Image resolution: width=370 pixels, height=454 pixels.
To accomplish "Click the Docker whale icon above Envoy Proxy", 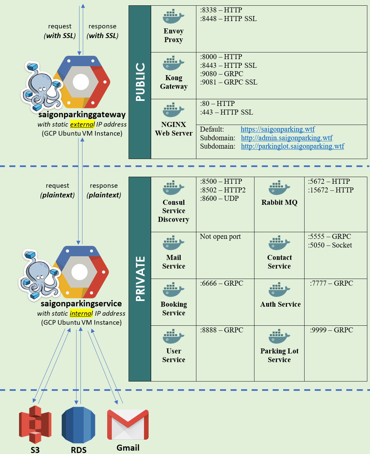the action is point(173,16).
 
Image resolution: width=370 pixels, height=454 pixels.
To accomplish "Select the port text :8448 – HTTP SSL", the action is point(228,19).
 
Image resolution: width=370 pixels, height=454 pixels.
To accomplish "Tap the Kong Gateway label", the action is point(174,82).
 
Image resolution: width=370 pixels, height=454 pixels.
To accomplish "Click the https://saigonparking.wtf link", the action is point(277,129).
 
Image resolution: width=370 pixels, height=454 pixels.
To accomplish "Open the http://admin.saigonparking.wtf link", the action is point(287,138).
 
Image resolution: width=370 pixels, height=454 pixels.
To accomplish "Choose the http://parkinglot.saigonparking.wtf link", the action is point(292,146).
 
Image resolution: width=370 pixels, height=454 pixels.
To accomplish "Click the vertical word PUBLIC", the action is point(140,82).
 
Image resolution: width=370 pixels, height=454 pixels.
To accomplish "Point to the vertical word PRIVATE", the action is point(140,279).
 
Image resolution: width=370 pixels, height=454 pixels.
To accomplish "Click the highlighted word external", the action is point(82,124).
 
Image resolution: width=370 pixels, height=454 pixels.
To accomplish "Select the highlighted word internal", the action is point(81,313).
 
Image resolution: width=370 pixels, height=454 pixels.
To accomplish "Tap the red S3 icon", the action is point(35,424).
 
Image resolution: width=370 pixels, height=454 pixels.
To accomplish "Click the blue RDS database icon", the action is point(78,425).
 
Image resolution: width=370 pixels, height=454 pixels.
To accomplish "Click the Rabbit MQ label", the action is point(279,202).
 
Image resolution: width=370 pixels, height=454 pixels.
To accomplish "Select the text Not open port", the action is point(220,237).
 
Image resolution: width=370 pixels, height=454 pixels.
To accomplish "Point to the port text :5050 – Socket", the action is point(330,245).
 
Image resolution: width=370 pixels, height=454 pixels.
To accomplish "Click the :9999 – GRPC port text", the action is point(331,330).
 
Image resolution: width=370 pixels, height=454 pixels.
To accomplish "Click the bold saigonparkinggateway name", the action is point(82,115).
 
